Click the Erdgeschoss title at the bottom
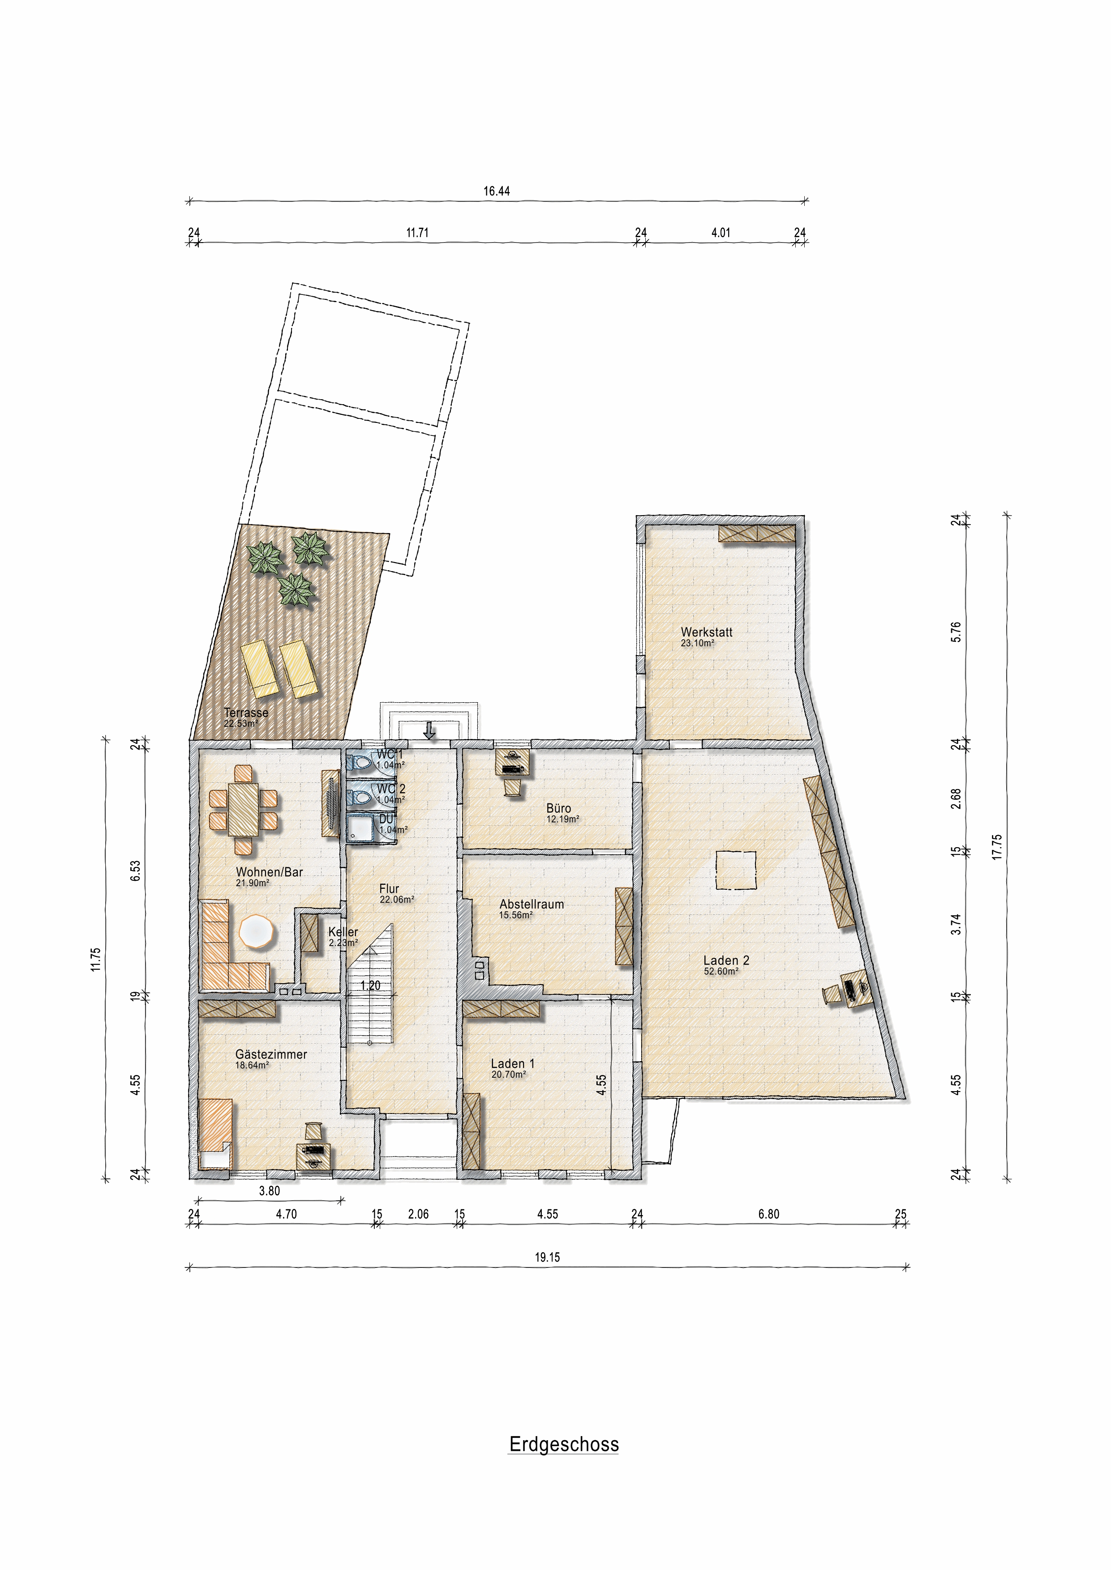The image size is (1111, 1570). coord(564,1444)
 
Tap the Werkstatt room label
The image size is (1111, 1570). coord(706,632)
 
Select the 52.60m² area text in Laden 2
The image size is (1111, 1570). coord(721,971)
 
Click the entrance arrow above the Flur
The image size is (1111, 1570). coord(429,731)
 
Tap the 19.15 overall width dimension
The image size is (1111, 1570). coord(547,1257)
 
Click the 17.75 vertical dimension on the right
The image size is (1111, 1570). coord(997,847)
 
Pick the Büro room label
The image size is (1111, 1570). coord(558,808)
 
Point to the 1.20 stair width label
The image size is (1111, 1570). coord(370,986)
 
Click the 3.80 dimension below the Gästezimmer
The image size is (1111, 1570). coord(270,1190)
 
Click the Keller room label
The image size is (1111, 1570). coord(343,932)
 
